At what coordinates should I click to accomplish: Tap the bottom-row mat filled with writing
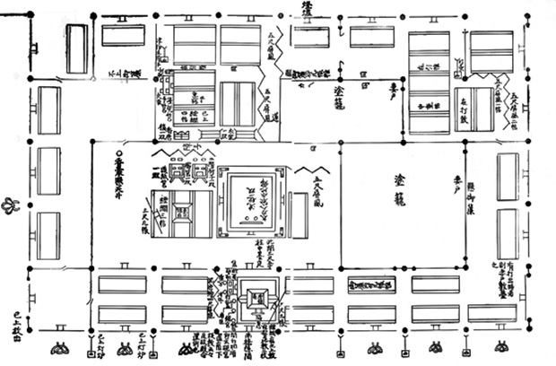[x=369, y=285]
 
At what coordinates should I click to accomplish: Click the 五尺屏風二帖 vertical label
[x=505, y=100]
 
